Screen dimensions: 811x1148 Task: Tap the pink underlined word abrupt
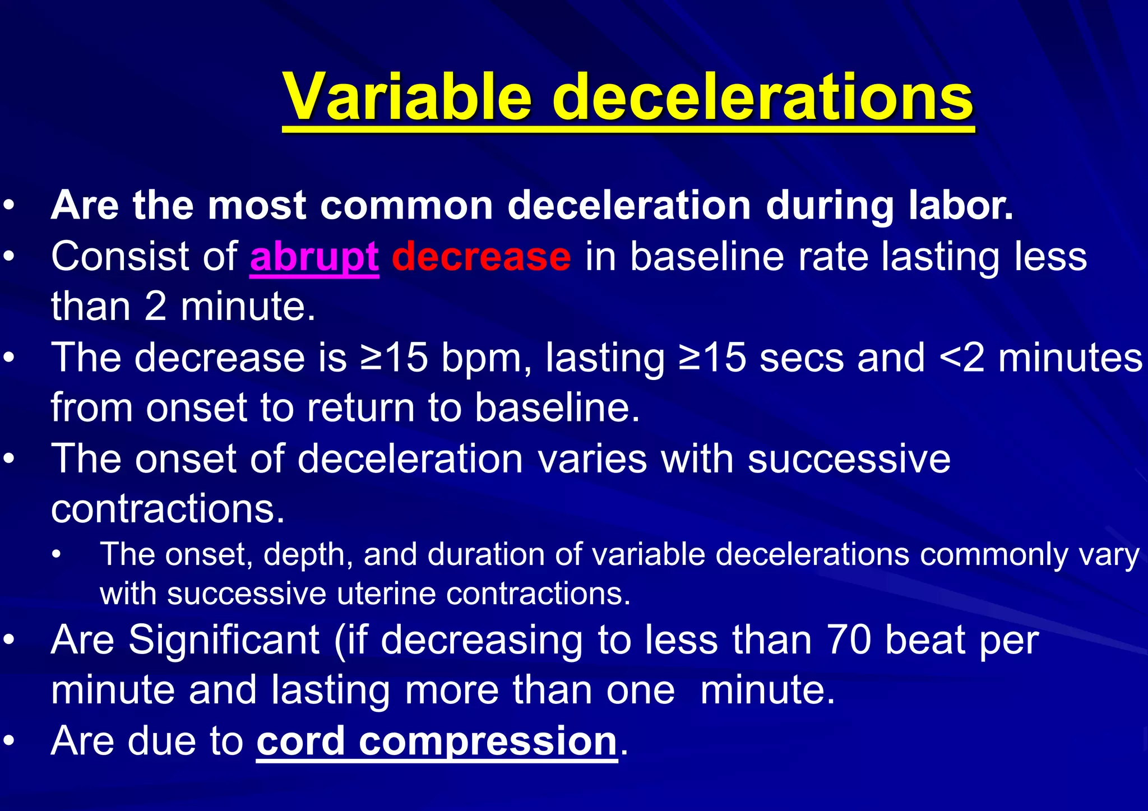point(314,256)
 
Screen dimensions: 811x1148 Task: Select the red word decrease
point(481,256)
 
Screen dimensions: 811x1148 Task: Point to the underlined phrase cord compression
point(437,741)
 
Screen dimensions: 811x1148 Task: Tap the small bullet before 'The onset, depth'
point(55,555)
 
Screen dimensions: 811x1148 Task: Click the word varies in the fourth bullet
point(592,458)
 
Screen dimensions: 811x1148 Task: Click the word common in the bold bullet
point(406,205)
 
